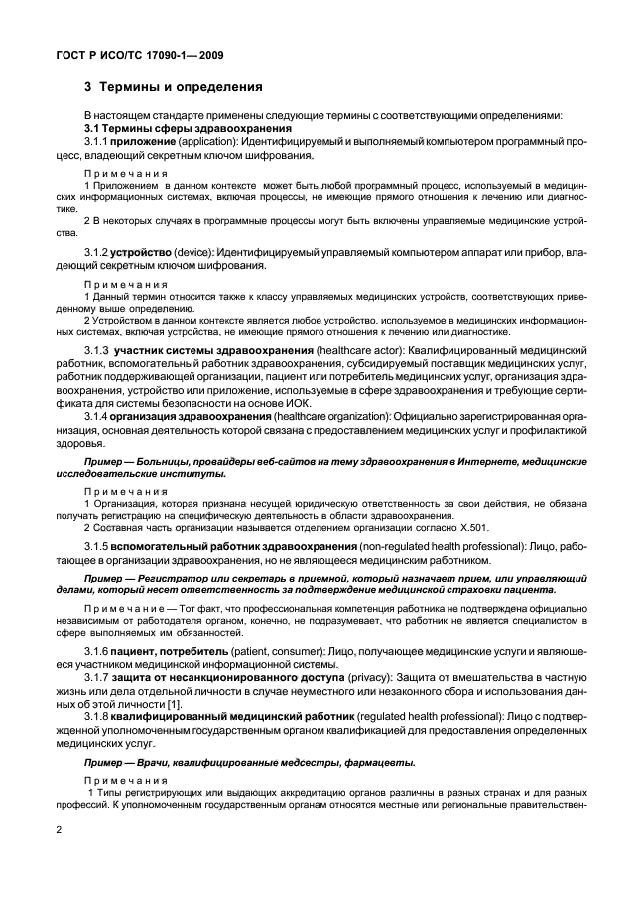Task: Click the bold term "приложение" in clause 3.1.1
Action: (x=147, y=143)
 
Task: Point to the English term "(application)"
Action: (x=212, y=143)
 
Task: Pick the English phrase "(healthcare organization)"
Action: (x=327, y=417)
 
